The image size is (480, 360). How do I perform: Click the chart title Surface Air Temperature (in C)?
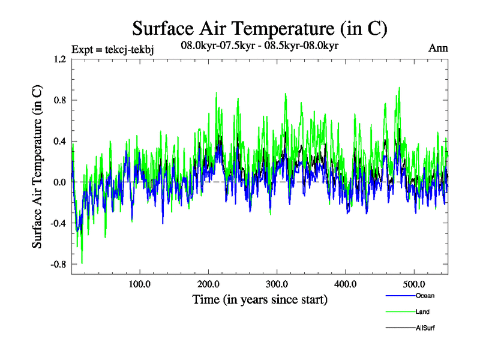pyautogui.click(x=259, y=29)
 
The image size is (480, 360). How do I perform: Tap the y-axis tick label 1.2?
pyautogui.click(x=58, y=59)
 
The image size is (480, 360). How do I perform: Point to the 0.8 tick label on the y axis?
pyautogui.click(x=58, y=100)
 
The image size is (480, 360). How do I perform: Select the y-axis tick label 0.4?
pyautogui.click(x=58, y=141)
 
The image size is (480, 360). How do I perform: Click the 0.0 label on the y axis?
pyautogui.click(x=58, y=182)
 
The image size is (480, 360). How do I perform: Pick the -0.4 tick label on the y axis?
pyautogui.click(x=57, y=223)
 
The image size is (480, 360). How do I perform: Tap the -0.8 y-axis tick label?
pyautogui.click(x=57, y=263)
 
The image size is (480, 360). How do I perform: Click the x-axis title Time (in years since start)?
pyautogui.click(x=260, y=299)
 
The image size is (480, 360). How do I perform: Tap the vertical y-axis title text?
pyautogui.click(x=37, y=167)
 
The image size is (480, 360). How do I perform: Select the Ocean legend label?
pyautogui.click(x=424, y=296)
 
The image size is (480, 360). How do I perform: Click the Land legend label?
pyautogui.click(x=422, y=311)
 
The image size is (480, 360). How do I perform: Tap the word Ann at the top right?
pyautogui.click(x=438, y=48)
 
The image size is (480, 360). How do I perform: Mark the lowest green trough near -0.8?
pyautogui.click(x=82, y=263)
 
